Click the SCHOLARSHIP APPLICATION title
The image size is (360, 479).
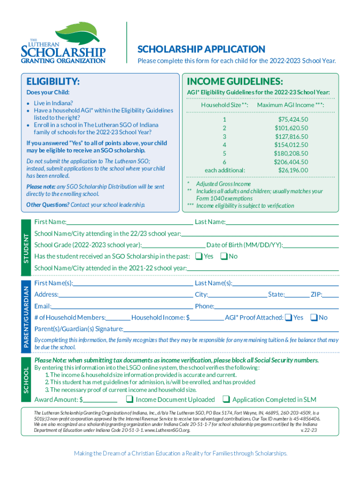click(201, 49)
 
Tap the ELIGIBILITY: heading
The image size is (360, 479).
click(53, 82)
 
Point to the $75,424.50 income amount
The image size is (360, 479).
click(293, 119)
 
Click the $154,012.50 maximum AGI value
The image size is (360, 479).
click(291, 145)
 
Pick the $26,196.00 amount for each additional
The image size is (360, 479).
click(293, 170)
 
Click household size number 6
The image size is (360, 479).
click(224, 161)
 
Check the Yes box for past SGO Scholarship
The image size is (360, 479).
click(199, 256)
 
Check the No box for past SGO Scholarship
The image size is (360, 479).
click(223, 256)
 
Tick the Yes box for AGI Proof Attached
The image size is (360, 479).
click(288, 318)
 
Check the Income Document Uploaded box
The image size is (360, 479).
click(130, 399)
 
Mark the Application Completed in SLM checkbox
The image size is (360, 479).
click(226, 399)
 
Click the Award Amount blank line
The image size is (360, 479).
click(100, 400)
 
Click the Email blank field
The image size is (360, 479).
click(122, 307)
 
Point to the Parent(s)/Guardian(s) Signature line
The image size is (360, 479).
click(231, 330)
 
